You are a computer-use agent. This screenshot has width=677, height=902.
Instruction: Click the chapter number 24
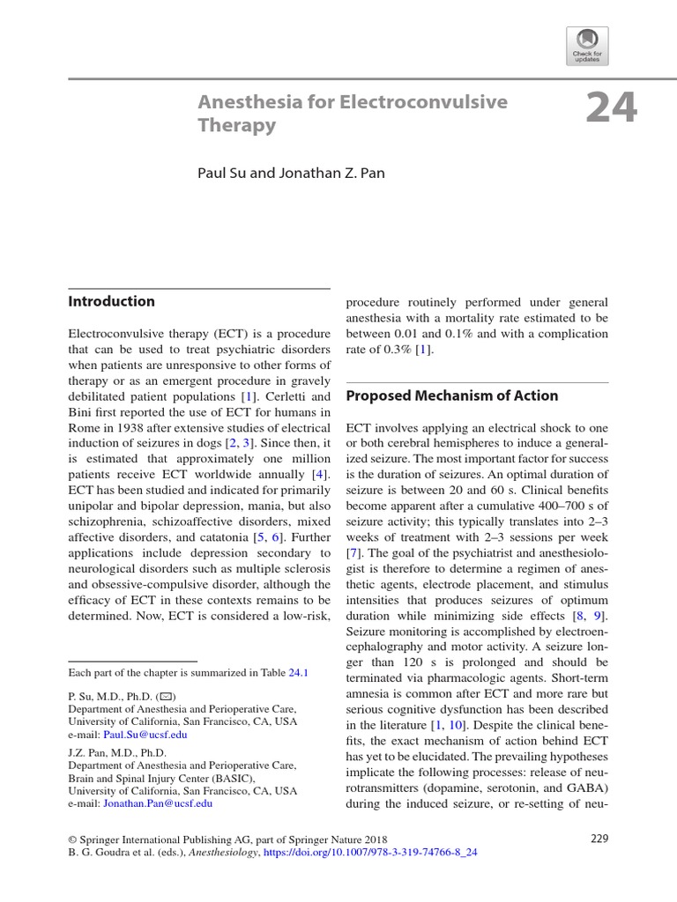tap(610, 109)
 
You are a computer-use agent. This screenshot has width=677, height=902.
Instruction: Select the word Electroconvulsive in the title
tap(427, 102)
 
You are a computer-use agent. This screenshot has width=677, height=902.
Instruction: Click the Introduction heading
tap(112, 301)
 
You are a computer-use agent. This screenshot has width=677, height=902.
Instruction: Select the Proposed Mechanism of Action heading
tap(451, 396)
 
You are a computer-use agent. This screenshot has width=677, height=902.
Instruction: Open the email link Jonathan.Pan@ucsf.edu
tap(158, 803)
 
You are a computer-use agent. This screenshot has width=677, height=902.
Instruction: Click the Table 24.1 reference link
tap(299, 672)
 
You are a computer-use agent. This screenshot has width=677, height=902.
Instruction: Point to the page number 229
tap(599, 839)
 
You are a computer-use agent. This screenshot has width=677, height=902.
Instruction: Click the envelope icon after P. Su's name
tap(167, 696)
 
